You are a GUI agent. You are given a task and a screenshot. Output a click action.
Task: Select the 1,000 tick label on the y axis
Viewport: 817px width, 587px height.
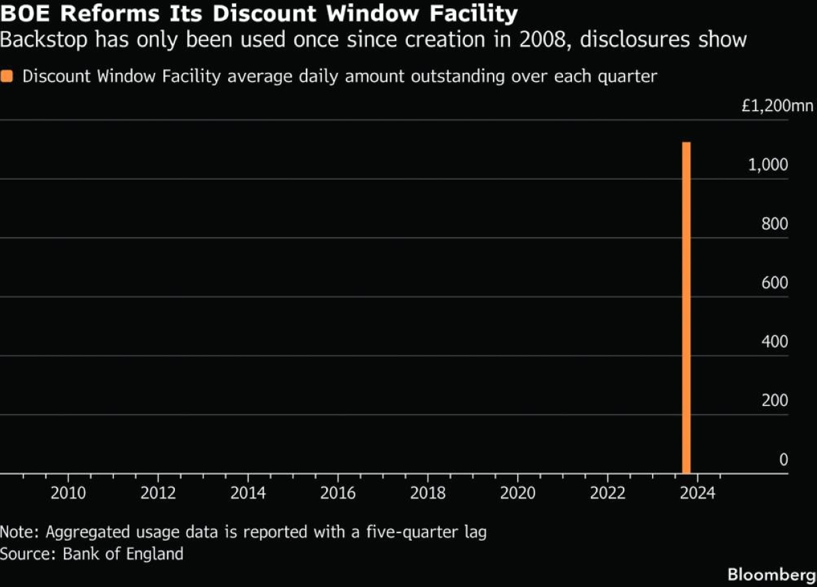pyautogui.click(x=768, y=165)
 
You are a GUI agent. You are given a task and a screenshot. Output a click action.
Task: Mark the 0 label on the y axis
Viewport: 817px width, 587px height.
pyautogui.click(x=783, y=460)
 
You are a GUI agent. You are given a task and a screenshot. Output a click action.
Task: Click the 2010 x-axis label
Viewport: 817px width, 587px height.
pyautogui.click(x=68, y=492)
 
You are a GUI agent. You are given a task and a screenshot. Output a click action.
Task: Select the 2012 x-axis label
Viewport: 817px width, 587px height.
pyautogui.click(x=158, y=492)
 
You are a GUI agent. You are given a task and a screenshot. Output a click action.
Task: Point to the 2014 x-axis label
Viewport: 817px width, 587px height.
pyautogui.click(x=248, y=492)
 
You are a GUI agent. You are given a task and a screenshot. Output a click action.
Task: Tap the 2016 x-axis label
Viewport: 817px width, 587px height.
pyautogui.click(x=338, y=492)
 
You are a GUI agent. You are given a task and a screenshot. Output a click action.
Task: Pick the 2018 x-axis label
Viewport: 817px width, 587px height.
pyautogui.click(x=428, y=492)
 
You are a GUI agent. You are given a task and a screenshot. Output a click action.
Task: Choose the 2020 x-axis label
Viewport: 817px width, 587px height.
pyautogui.click(x=517, y=492)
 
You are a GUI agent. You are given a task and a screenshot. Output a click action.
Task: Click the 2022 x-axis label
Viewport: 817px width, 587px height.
pyautogui.click(x=607, y=492)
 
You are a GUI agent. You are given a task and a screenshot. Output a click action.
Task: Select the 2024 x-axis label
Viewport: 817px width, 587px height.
pyautogui.click(x=697, y=492)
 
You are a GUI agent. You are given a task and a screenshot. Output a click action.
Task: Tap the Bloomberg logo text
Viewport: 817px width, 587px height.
pyautogui.click(x=771, y=573)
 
